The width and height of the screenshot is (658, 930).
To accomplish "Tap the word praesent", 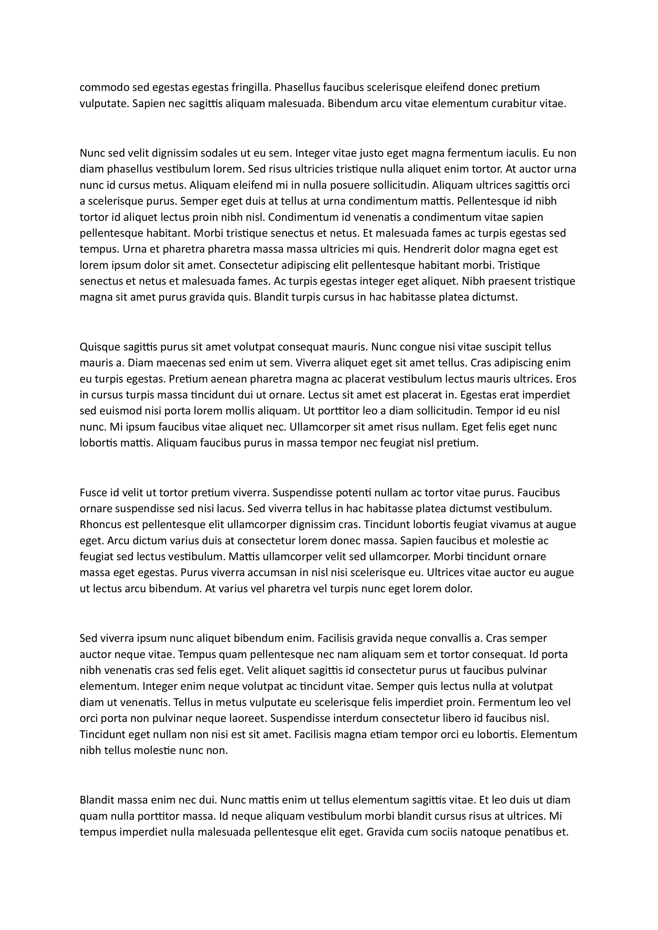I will tap(508, 281).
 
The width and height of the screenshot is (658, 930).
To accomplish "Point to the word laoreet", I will tap(248, 718).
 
